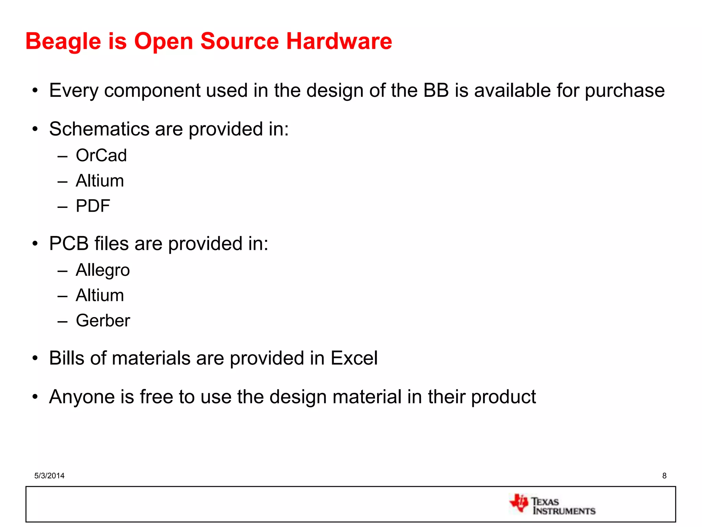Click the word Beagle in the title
[63, 42]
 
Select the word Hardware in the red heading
[339, 42]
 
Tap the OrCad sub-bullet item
[101, 155]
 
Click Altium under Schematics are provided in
[100, 181]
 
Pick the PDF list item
[93, 206]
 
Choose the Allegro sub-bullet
[103, 270]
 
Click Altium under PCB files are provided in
[100, 295]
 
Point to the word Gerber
[103, 321]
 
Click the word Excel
[354, 358]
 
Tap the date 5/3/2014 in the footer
[49, 476]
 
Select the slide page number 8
[664, 476]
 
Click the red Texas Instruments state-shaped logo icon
[519, 503]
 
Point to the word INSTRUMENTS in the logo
[564, 511]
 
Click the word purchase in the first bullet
[625, 91]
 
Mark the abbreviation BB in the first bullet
[436, 91]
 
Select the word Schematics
[99, 129]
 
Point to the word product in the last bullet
[504, 397]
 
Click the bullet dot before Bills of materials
[35, 359]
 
